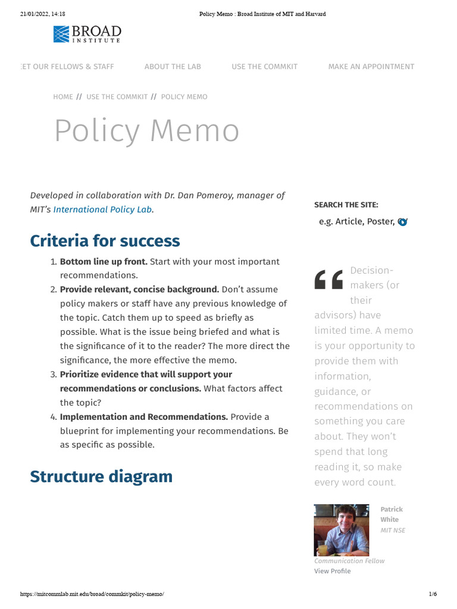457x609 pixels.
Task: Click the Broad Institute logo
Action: (x=87, y=34)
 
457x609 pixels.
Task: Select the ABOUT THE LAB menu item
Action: (x=173, y=67)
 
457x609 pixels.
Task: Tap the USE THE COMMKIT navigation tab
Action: (x=264, y=67)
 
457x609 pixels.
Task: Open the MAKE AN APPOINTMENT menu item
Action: (x=371, y=67)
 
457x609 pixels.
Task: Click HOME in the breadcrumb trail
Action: (x=63, y=97)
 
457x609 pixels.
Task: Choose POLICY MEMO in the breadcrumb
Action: (x=184, y=97)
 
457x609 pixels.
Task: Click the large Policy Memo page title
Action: (x=146, y=131)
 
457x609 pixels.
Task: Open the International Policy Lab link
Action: (x=102, y=209)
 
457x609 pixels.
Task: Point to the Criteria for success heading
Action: (x=105, y=241)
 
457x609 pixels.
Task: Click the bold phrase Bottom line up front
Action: (x=104, y=262)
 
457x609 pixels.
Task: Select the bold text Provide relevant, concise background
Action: (x=139, y=289)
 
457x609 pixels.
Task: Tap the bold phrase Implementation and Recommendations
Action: (x=143, y=417)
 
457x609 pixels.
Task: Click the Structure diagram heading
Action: (x=101, y=476)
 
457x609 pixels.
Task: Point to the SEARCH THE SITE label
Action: (x=346, y=205)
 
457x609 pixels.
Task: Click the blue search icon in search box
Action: (x=403, y=222)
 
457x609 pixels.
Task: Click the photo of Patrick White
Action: (x=341, y=530)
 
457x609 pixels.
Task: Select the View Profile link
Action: (x=332, y=571)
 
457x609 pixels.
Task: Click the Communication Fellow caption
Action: (x=349, y=561)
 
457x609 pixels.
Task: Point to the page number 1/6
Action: (x=433, y=594)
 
